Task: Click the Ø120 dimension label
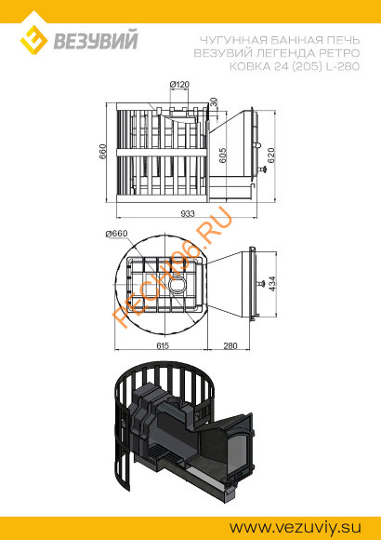179,85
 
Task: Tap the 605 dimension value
223,155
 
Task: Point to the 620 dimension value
271,155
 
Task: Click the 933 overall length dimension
188,213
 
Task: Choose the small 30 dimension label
214,101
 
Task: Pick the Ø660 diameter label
116,234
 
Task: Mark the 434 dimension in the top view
272,284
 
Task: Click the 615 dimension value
163,345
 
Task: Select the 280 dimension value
230,345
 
